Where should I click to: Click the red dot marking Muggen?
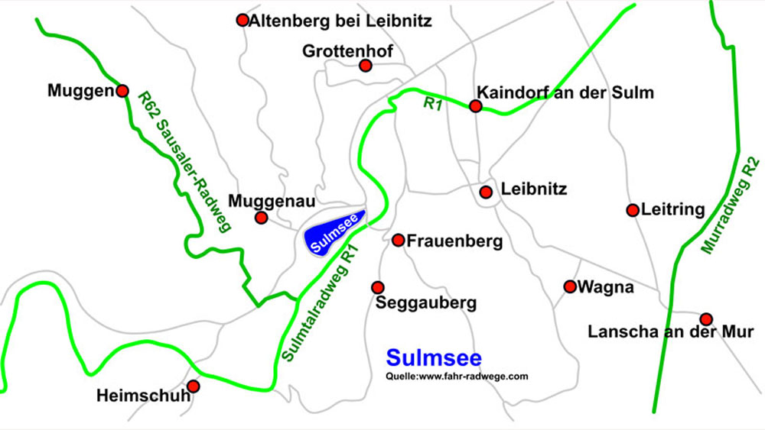[122, 91]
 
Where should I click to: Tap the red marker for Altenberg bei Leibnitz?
[243, 20]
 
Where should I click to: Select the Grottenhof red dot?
[366, 66]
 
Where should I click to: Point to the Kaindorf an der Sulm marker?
[476, 106]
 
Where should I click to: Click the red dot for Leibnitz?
[486, 192]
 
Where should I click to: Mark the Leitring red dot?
[633, 210]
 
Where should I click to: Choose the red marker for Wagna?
[570, 286]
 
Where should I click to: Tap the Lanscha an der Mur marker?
[706, 318]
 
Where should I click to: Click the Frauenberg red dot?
[398, 241]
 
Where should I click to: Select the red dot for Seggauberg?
[377, 287]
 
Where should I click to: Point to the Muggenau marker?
[262, 218]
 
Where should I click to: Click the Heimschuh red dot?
[194, 386]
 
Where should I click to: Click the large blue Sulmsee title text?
[434, 358]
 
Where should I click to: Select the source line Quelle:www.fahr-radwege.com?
[457, 377]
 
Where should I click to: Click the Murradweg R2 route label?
[731, 206]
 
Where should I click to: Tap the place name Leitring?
[673, 210]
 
